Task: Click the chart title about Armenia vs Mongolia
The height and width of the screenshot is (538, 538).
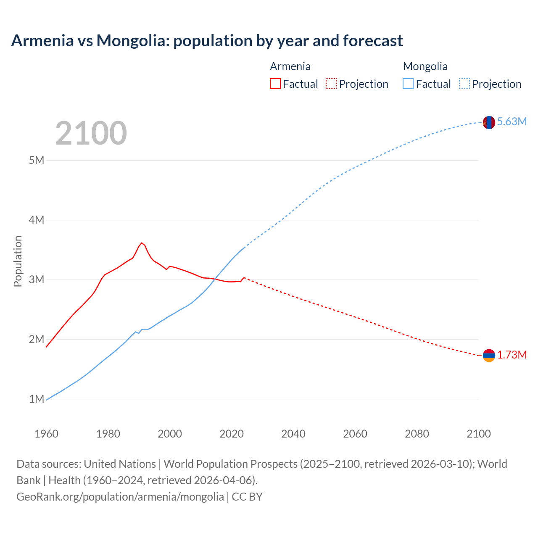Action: point(207,41)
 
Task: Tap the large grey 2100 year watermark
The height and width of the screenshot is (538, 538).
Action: point(91,133)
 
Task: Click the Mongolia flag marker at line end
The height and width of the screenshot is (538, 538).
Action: point(489,122)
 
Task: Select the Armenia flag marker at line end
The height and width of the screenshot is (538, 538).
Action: point(489,356)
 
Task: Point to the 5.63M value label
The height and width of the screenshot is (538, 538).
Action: point(512,122)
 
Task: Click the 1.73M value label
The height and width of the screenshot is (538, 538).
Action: point(512,355)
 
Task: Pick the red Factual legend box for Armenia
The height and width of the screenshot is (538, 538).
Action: point(275,84)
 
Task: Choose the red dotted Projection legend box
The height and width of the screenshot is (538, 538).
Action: point(331,84)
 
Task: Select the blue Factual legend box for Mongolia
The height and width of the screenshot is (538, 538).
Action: point(408,84)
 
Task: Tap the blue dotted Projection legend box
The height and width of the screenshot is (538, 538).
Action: point(464,84)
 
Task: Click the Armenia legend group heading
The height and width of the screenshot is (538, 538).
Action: point(290,66)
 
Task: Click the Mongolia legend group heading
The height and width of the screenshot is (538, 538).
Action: point(425,66)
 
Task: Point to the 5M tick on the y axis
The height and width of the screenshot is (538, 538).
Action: point(37,160)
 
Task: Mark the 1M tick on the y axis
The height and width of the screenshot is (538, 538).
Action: point(37,399)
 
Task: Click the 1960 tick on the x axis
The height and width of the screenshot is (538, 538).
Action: point(46,434)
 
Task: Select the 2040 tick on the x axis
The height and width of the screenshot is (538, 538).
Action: point(293,434)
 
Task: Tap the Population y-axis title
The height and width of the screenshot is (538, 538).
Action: point(18,261)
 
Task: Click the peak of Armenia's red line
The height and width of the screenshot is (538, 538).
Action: point(142,243)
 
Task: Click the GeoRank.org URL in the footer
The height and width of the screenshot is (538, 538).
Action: point(120,497)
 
